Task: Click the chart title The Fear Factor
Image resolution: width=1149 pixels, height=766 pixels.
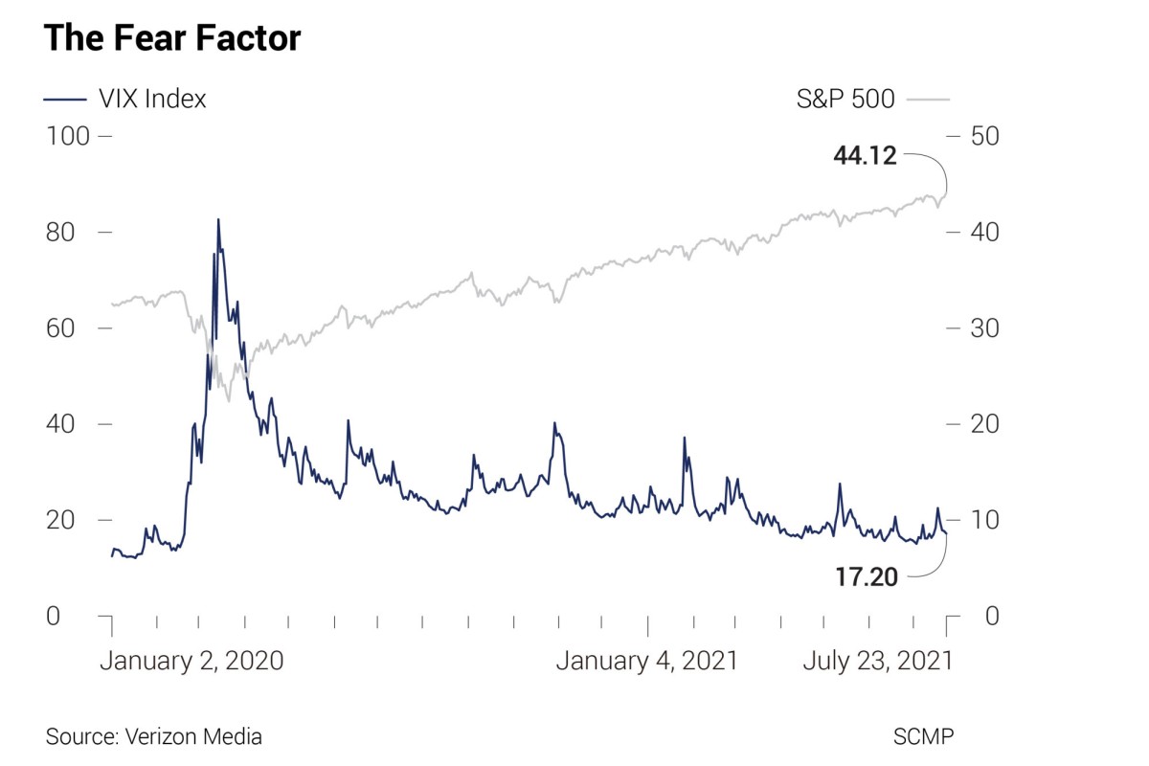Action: coord(172,38)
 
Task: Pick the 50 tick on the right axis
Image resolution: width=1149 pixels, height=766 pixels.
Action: coord(985,136)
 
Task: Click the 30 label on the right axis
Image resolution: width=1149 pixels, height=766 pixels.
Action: coord(985,327)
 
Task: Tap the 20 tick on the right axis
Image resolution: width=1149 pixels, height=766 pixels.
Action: coord(985,423)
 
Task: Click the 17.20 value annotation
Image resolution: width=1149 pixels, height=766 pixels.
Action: coord(866,576)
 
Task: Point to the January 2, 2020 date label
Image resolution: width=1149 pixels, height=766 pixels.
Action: coord(191,661)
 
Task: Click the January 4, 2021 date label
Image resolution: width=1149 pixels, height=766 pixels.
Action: coord(647,661)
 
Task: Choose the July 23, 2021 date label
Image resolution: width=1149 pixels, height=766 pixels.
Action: coord(877,661)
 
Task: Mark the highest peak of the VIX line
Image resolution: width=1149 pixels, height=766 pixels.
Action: coord(218,220)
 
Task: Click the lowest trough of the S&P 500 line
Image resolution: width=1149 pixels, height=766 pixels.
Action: coord(228,400)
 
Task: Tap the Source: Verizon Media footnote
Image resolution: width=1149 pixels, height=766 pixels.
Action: coord(153,736)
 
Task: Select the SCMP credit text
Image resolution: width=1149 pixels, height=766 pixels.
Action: coord(923,736)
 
